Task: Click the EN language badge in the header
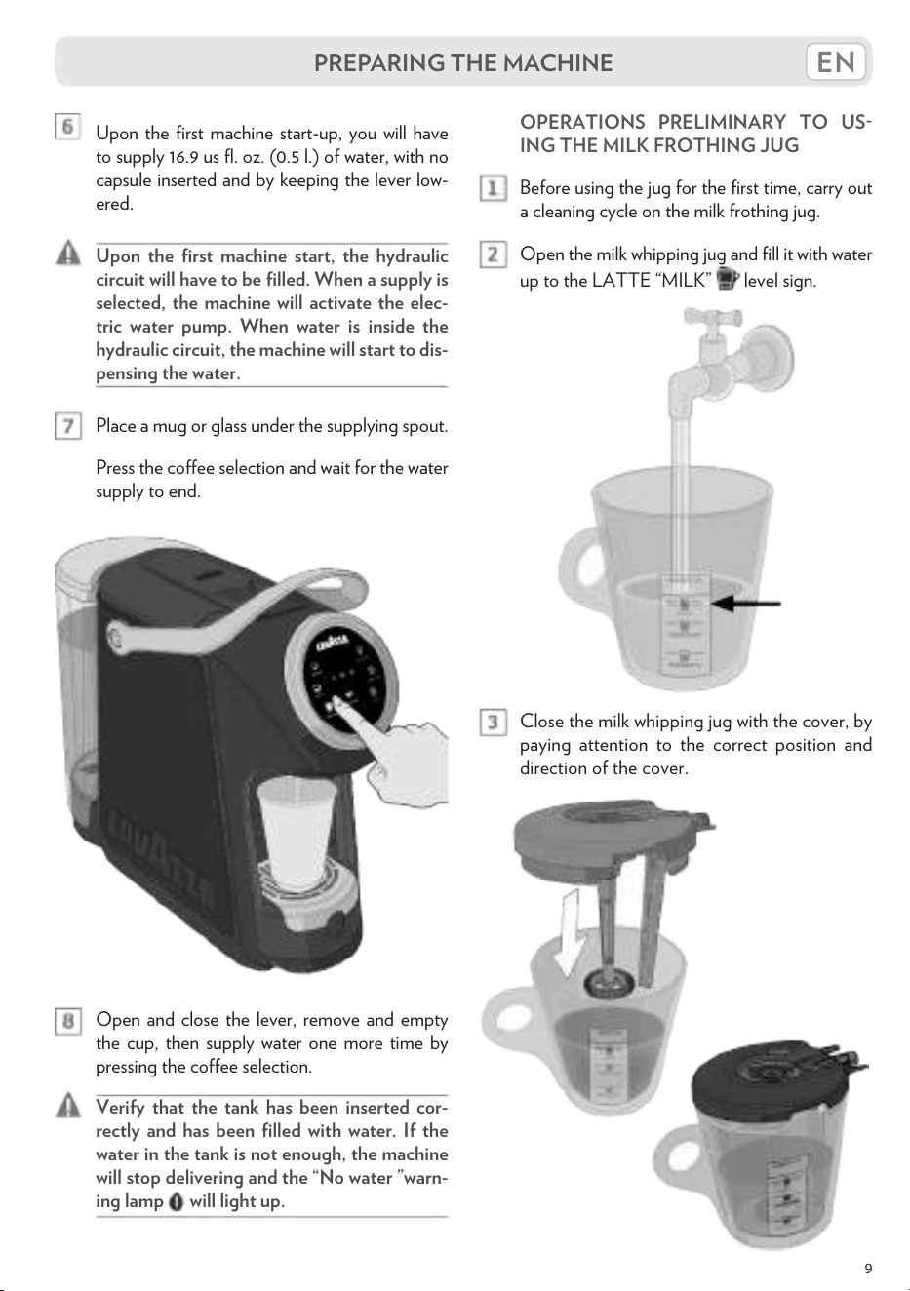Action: pos(836,61)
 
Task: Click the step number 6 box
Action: pos(67,126)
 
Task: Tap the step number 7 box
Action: pos(68,426)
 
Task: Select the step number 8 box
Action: pos(68,1021)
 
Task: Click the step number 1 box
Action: pos(494,188)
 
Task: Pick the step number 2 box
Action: pos(494,254)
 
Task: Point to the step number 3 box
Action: pos(494,723)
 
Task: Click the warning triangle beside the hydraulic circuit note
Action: pos(68,253)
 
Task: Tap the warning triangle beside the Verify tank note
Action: pos(68,1104)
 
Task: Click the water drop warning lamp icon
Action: pos(177,1201)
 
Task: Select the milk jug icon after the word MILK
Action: pos(727,280)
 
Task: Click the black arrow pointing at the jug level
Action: pos(746,604)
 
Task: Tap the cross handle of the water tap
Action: pos(713,316)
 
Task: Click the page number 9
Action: pos(868,1269)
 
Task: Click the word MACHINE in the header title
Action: pos(558,62)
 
